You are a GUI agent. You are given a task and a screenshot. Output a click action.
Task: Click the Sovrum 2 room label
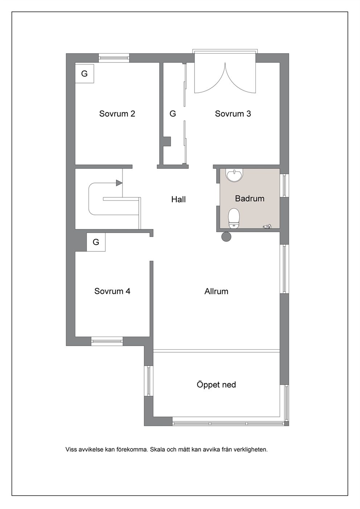tap(117, 114)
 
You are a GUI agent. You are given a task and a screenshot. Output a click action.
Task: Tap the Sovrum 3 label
tap(233, 114)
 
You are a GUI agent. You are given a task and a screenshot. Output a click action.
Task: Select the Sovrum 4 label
tap(112, 291)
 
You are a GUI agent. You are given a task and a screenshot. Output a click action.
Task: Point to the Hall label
tap(179, 199)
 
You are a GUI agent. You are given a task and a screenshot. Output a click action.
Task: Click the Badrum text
tap(250, 198)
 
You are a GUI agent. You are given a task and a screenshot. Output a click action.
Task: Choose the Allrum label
tap(216, 291)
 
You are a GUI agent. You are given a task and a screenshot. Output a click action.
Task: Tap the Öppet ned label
tap(216, 385)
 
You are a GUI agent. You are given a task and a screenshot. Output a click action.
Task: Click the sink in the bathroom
tap(234, 175)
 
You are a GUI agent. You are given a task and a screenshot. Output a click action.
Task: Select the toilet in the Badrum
tap(234, 218)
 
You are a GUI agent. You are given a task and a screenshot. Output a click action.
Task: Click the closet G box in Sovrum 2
tap(85, 74)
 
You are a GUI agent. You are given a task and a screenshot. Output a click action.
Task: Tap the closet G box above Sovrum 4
tap(96, 242)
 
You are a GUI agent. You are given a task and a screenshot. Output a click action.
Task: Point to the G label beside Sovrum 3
tap(173, 114)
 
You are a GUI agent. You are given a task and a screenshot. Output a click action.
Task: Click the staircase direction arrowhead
tap(119, 183)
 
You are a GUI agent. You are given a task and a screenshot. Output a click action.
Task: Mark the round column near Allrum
tap(226, 237)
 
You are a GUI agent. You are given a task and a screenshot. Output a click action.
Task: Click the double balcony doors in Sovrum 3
tap(225, 77)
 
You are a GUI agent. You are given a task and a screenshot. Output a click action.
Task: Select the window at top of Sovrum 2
tap(114, 58)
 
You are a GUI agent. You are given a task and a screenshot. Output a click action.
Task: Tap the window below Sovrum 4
tap(107, 341)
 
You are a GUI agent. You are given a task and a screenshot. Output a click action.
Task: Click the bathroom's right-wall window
tap(284, 185)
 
